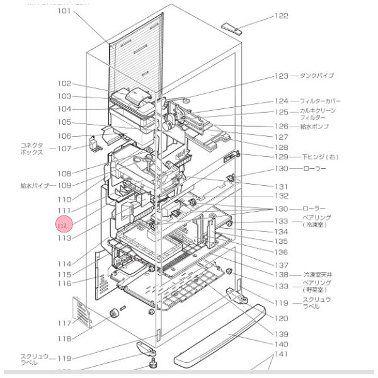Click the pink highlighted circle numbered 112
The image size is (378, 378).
tap(63, 224)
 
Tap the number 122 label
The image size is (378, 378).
tap(281, 16)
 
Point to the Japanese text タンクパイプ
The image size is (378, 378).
tap(316, 76)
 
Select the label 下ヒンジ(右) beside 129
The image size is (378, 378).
tap(319, 156)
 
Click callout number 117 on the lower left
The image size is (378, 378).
tap(65, 323)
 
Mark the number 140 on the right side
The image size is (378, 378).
tap(281, 345)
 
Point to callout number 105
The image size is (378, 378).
tap(65, 122)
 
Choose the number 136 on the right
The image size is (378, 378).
tap(281, 252)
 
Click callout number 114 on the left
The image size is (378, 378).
tap(65, 264)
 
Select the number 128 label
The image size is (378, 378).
tap(281, 147)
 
